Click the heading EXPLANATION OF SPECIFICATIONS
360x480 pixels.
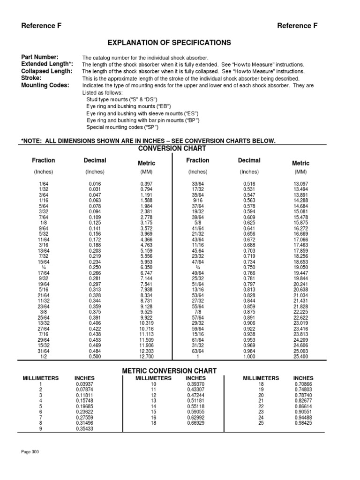169,43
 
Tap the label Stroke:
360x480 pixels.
31,78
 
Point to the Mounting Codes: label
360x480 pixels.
45,85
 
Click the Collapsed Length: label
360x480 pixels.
47,71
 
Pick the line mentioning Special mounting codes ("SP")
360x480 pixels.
123,127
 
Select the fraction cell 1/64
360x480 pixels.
44,184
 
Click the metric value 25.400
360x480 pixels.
301,356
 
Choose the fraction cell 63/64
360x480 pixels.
198,351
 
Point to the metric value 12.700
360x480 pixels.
147,356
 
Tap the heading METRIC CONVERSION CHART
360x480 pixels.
169,371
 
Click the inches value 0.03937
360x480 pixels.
84,384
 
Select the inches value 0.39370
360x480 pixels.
195,384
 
